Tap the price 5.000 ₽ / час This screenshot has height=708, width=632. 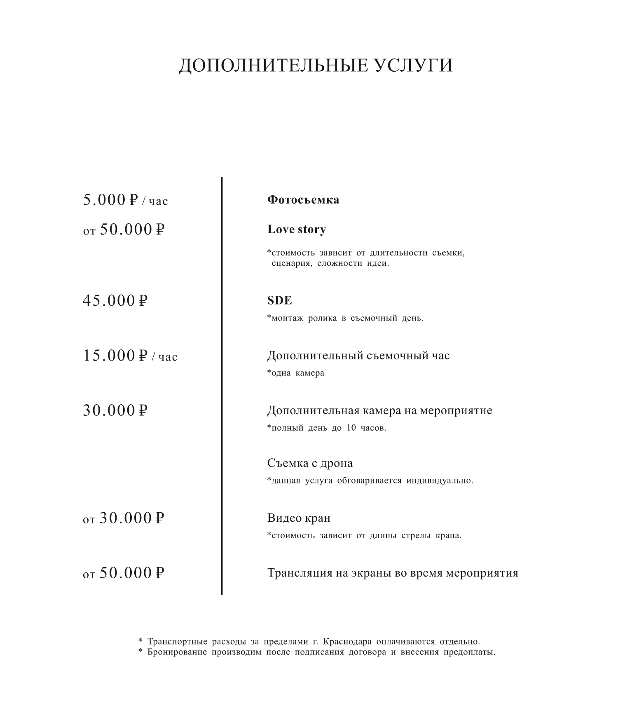[x=125, y=200]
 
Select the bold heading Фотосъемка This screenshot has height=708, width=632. [x=303, y=200]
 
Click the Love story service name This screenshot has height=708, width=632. [x=297, y=230]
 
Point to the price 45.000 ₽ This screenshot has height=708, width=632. [x=115, y=301]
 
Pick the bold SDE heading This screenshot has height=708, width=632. [x=280, y=300]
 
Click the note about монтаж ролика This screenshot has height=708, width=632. [x=345, y=318]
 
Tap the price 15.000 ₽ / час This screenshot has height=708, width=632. [x=130, y=356]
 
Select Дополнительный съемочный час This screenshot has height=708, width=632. [x=358, y=356]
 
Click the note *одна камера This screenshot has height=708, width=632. [x=296, y=373]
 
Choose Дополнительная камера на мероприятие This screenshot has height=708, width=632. [x=379, y=410]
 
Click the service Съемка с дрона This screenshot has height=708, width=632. [x=310, y=463]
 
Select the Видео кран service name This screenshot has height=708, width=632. [x=299, y=518]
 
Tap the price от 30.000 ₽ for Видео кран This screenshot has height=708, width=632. [x=123, y=518]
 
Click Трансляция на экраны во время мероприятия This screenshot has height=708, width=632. [x=393, y=573]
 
